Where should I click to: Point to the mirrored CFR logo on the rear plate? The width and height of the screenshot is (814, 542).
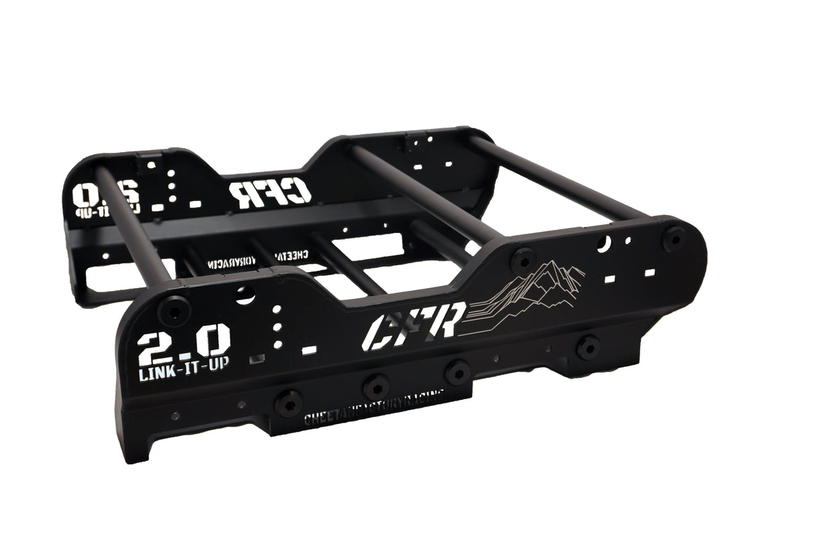[270, 192]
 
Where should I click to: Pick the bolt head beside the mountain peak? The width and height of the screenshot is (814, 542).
[522, 259]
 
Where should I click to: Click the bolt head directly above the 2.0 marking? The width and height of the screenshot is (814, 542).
[173, 309]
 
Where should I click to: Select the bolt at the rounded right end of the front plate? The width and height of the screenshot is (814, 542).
[675, 238]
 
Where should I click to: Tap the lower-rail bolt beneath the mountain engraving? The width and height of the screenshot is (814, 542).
[588, 348]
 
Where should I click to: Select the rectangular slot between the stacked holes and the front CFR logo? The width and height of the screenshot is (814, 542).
[308, 350]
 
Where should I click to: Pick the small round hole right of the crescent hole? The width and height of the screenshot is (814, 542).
[628, 240]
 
